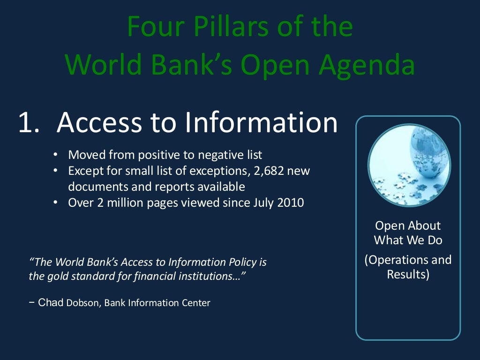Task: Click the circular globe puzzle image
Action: (409, 165)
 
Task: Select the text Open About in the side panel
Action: (408, 225)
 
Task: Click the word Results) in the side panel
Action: (408, 274)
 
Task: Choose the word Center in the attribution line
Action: (196, 303)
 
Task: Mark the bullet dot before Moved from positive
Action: (55, 154)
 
